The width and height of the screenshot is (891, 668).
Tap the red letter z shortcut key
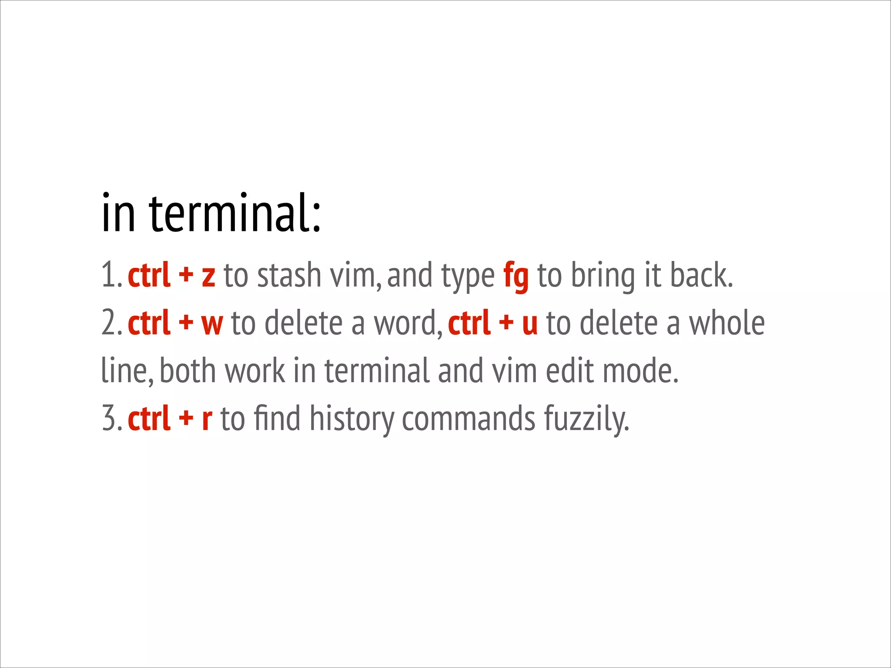pyautogui.click(x=208, y=277)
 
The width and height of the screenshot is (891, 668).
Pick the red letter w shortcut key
pyautogui.click(x=212, y=324)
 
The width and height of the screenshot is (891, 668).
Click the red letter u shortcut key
pyautogui.click(x=529, y=324)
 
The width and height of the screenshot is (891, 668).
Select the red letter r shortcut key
pyautogui.click(x=207, y=419)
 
